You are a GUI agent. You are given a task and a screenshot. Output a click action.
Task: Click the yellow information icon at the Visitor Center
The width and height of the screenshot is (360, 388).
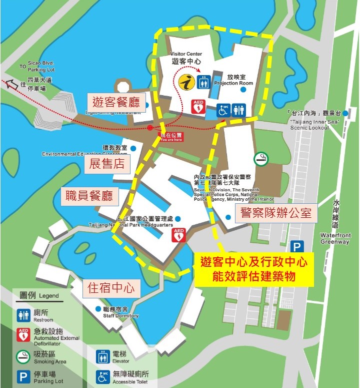coord(186,83)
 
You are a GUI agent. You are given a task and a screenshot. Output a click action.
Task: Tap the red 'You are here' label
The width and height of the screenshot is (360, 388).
coord(171,136)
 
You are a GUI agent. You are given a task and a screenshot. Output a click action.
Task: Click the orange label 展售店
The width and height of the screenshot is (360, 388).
coord(107,163)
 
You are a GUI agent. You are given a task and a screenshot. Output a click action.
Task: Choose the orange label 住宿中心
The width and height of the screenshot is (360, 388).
coord(111,288)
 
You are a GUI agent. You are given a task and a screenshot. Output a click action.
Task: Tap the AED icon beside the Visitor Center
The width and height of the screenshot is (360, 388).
coord(198,107)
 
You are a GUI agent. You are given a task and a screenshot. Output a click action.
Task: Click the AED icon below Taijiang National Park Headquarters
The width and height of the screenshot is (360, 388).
coord(179,235)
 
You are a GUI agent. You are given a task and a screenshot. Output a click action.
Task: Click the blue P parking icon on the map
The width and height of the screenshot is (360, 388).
coord(297,247)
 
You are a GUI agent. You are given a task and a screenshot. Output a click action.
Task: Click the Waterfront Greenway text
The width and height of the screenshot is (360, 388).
coord(335,238)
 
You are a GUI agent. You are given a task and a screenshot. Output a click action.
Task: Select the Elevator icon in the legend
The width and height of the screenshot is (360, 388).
coord(103,356)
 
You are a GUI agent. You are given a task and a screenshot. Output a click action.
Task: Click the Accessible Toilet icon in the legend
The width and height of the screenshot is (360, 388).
coord(103,376)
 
